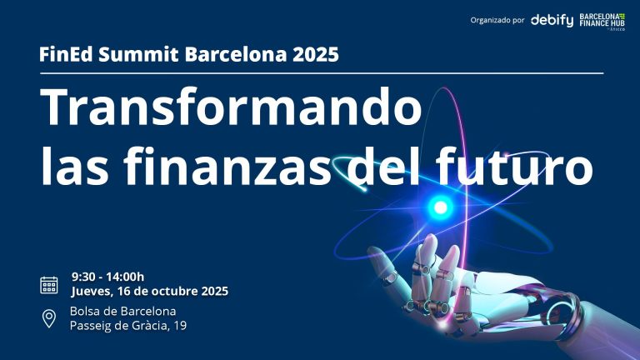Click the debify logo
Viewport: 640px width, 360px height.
[552, 19]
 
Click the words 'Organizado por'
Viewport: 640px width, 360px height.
[497, 20]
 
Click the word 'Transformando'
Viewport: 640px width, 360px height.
[232, 107]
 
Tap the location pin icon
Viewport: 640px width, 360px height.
[49, 318]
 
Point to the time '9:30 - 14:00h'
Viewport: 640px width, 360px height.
[108, 277]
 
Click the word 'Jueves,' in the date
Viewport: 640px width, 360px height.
[93, 292]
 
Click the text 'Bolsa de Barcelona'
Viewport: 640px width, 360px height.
[122, 311]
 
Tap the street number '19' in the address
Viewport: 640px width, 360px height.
[179, 326]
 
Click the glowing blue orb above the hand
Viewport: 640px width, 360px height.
[441, 206]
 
